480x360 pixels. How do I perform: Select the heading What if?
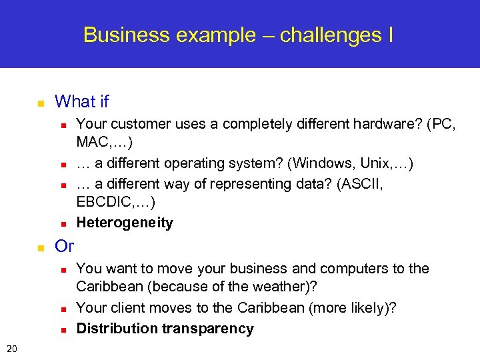click(x=81, y=102)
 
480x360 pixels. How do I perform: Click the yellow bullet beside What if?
click(x=40, y=103)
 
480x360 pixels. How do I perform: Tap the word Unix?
click(x=376, y=163)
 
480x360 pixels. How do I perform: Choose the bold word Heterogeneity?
click(x=125, y=223)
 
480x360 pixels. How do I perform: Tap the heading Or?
click(x=64, y=247)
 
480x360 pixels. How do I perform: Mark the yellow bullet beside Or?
click(x=40, y=248)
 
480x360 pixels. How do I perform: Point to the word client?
click(x=127, y=308)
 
